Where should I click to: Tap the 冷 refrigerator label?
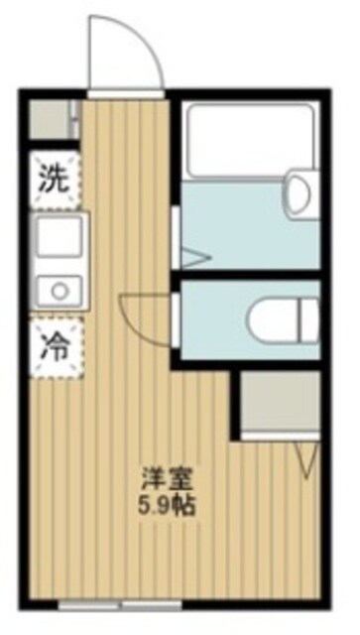pos(53,346)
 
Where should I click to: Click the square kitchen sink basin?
pos(53,238)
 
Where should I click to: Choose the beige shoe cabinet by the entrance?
pos(51,120)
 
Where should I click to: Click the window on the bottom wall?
pos(120,603)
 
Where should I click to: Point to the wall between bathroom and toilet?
pos(248,273)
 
